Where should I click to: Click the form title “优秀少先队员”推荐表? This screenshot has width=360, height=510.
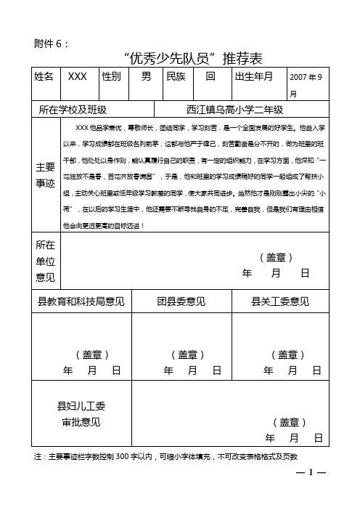pos(192,57)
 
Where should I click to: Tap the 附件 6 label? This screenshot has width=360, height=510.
pos(52,43)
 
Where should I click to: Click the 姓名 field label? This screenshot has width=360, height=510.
pos(44,76)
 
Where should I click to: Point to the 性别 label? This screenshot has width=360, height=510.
pos(111,76)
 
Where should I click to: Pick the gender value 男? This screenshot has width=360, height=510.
pos(146,76)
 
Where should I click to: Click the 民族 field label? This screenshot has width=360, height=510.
pos(176,76)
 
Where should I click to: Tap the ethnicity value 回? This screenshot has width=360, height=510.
pos(210,76)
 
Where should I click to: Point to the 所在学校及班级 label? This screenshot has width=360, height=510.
pos(73,110)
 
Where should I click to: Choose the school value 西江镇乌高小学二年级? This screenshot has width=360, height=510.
pos(234,110)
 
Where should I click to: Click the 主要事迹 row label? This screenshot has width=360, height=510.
pos(44,175)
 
